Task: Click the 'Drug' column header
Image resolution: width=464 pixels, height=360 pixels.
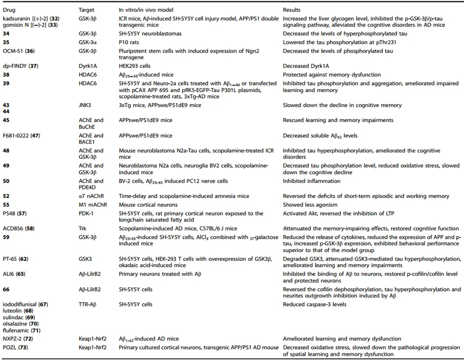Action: click(x=8, y=10)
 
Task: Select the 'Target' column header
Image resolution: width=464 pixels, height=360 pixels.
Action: click(x=86, y=10)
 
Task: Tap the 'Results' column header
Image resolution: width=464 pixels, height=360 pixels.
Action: click(x=292, y=10)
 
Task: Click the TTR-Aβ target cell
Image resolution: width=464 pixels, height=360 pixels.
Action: click(x=87, y=304)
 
